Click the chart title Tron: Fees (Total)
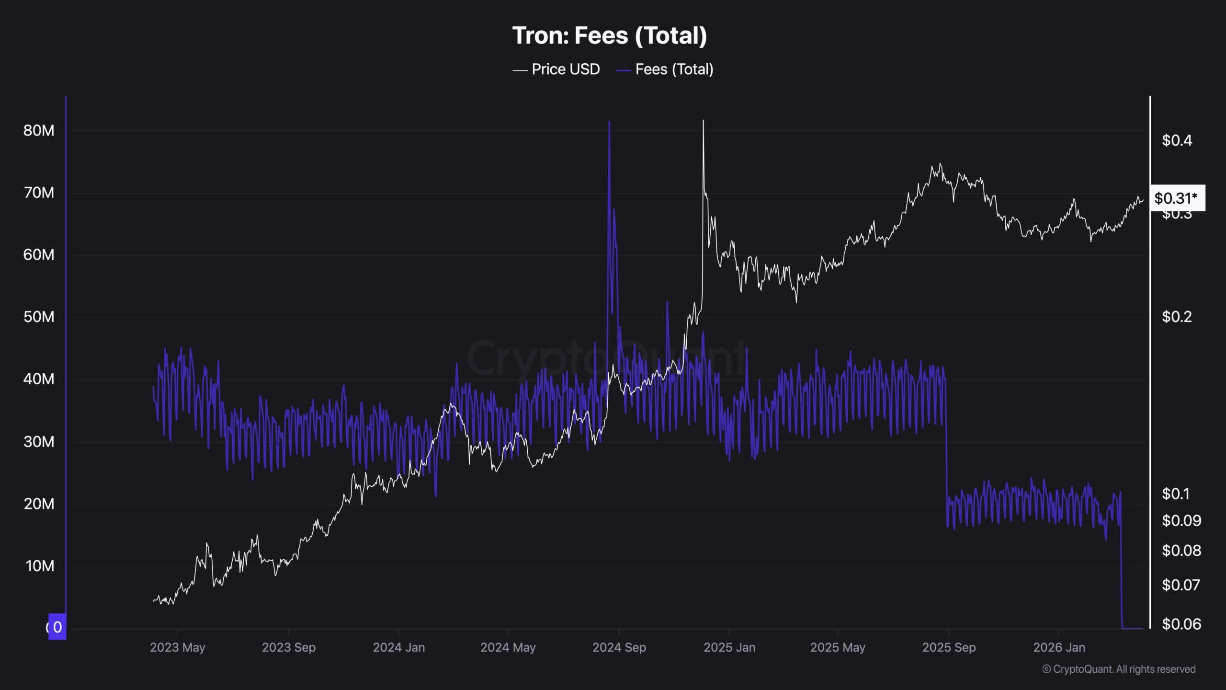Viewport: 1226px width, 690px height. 609,36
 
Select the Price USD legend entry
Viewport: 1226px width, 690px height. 556,69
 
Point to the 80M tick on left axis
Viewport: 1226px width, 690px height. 39,130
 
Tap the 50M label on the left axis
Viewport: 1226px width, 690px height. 39,317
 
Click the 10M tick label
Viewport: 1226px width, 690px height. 40,566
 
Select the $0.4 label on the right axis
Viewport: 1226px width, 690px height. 1177,140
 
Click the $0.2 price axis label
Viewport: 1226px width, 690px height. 1177,317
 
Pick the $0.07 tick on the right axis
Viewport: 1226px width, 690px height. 1181,585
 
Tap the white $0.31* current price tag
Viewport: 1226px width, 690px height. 1177,198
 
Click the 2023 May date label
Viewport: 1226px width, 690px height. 177,647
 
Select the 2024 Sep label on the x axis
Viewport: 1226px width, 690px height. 619,647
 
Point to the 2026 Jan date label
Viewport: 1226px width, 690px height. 1059,647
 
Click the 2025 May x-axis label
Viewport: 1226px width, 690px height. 838,647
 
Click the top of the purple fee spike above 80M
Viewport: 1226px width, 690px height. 609,122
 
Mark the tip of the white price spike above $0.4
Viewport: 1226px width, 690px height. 703,121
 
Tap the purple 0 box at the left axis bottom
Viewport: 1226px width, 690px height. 57,627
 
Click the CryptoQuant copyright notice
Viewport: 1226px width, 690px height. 1119,669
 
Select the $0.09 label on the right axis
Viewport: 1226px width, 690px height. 1181,520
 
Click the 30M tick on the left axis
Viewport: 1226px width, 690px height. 39,441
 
